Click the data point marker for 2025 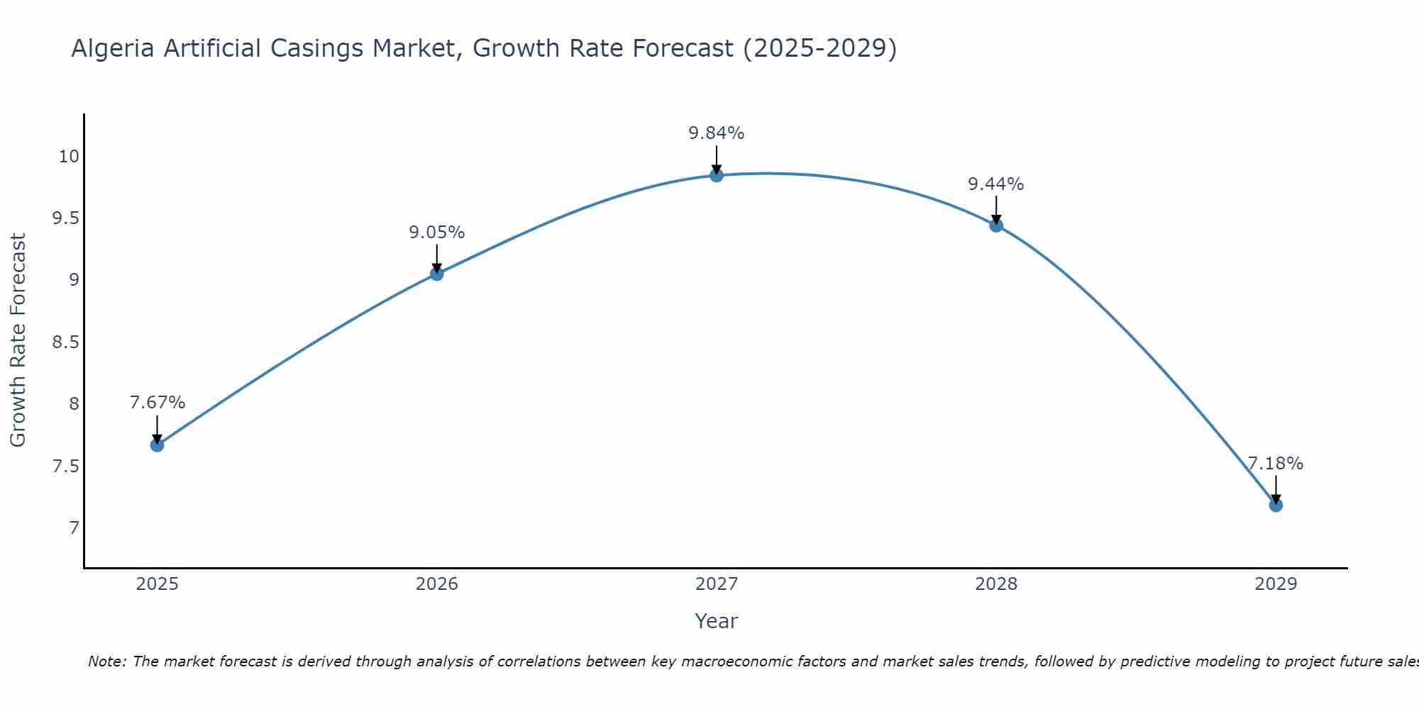(157, 445)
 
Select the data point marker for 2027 (717, 175)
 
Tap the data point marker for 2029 (1276, 505)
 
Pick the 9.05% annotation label (436, 233)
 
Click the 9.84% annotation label (717, 133)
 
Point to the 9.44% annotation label (996, 184)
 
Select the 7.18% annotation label (1276, 464)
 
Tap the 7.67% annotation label (157, 403)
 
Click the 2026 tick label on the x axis (436, 584)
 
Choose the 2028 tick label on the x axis (996, 584)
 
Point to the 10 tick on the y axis (68, 157)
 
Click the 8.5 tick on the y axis (65, 342)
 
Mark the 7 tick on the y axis (74, 528)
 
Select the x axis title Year (716, 621)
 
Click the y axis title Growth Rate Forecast (18, 340)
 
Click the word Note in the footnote (106, 661)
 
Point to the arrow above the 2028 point (996, 209)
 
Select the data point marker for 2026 (436, 274)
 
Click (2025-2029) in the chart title (819, 49)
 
